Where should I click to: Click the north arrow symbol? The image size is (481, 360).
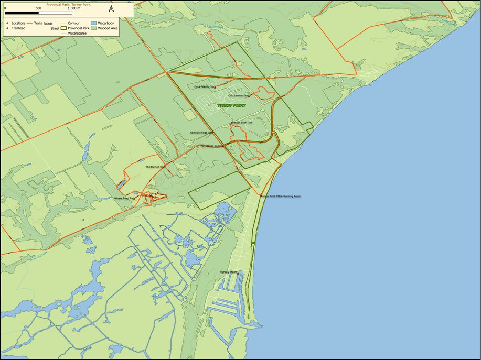[x=111, y=8]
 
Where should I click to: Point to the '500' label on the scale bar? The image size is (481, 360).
[x=38, y=8]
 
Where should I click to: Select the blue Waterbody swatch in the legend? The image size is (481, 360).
[x=94, y=24]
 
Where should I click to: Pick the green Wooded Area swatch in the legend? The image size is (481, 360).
[x=94, y=28]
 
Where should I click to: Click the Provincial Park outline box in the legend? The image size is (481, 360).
[x=64, y=28]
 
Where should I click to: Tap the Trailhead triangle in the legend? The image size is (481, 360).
[x=7, y=28]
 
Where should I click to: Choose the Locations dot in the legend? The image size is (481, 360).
[x=7, y=24]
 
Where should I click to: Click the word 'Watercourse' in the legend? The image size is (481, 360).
[x=77, y=33]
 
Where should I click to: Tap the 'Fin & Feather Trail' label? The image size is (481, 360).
[x=205, y=86]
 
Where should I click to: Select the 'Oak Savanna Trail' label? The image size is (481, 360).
[x=238, y=95]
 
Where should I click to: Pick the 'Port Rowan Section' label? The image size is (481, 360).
[x=212, y=146]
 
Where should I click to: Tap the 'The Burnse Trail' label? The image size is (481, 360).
[x=155, y=167]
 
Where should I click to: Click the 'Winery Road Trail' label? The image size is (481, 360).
[x=124, y=198]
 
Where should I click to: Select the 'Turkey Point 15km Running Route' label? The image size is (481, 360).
[x=281, y=196]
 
